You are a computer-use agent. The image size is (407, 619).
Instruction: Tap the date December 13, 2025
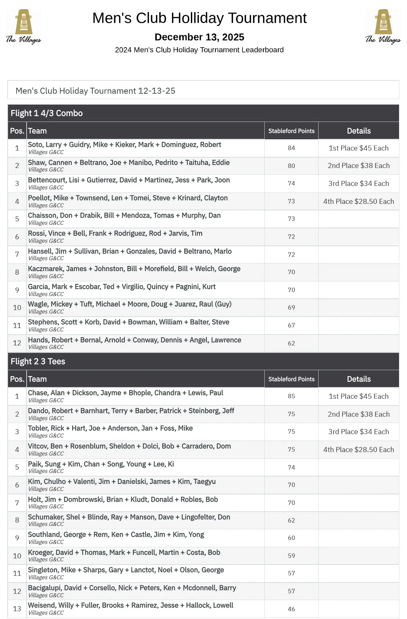coord(200,37)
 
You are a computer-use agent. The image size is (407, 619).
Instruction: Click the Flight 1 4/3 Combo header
coord(47,113)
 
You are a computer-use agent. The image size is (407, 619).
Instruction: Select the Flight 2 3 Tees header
coord(38,361)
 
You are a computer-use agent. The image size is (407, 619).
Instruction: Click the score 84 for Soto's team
coord(291,148)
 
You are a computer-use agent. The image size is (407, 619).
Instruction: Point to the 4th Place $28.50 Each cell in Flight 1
coord(358,201)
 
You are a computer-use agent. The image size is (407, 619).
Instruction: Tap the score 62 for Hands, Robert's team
coord(291,343)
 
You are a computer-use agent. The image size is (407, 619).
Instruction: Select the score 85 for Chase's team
coord(291,396)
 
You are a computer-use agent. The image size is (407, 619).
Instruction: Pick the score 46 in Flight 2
coord(291,609)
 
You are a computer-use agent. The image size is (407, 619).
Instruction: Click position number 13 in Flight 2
coord(17,609)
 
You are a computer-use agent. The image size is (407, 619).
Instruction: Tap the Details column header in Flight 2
coord(358,379)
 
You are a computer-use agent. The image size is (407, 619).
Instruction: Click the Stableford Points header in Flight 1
coord(291,131)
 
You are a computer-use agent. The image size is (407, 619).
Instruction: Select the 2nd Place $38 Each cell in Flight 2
coord(358,414)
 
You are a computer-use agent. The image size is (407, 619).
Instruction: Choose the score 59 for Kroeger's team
coord(291,556)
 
